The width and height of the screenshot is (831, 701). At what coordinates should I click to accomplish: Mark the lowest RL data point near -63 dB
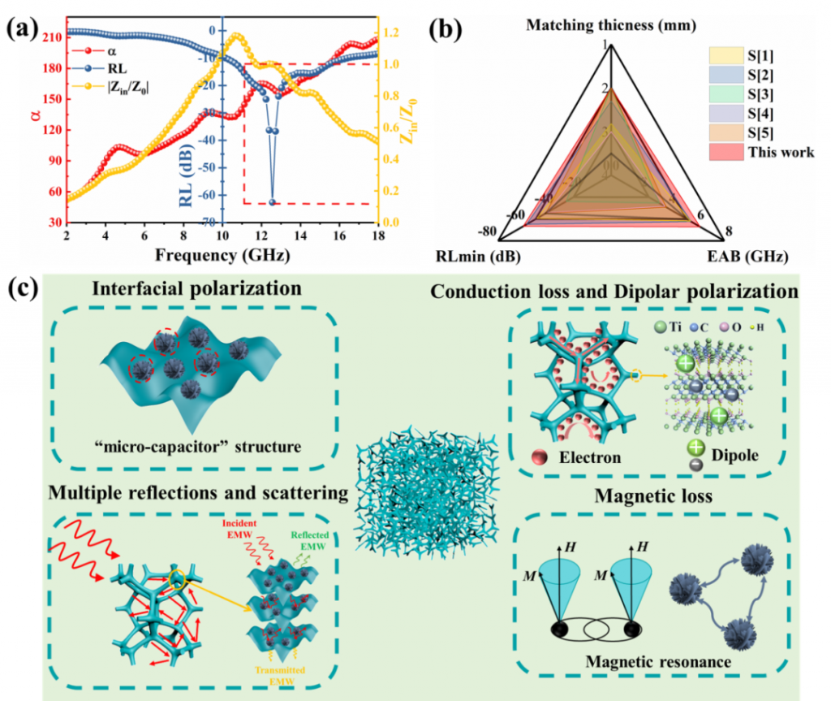coord(273,202)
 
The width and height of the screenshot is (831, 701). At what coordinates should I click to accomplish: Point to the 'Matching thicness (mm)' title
coord(611,25)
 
